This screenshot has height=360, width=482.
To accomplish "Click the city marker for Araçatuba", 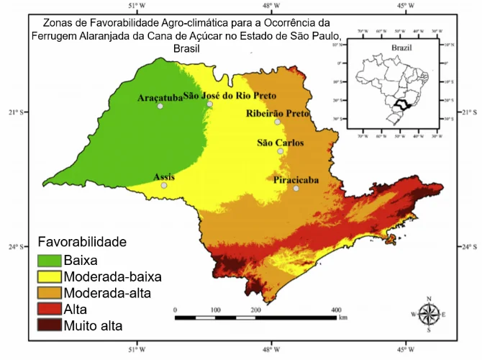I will pyautogui.click(x=160, y=106).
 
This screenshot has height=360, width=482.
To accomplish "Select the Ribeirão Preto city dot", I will pyautogui.click(x=277, y=122).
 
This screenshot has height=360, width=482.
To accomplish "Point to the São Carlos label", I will pyautogui.click(x=281, y=143).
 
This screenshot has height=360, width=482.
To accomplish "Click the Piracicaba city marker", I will pyautogui.click(x=296, y=189).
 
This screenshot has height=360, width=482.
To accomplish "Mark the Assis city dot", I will pyautogui.click(x=164, y=185).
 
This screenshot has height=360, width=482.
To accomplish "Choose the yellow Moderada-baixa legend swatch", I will pyautogui.click(x=49, y=276).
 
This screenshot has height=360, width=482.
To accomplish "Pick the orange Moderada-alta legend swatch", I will pyautogui.click(x=49, y=293).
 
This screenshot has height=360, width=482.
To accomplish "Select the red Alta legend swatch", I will pyautogui.click(x=49, y=310).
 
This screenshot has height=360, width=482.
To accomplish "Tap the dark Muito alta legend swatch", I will pyautogui.click(x=49, y=325).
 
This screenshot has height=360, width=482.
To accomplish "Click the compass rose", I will pyautogui.click(x=429, y=314).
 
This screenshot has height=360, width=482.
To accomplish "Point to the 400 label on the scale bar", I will pyautogui.click(x=335, y=310).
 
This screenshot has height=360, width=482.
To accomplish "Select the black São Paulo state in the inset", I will pyautogui.click(x=400, y=105).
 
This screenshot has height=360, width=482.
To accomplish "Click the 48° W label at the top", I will pyautogui.click(x=271, y=6).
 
